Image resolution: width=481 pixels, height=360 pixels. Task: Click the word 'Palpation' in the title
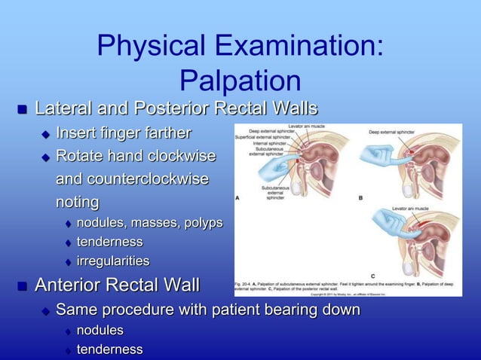240,82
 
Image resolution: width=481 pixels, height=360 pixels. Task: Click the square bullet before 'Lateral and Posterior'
23,110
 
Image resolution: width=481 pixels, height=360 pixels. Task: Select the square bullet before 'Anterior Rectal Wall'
23,286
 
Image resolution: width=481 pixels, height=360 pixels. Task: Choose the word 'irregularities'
112,261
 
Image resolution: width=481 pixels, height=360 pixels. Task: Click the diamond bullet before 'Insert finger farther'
45,135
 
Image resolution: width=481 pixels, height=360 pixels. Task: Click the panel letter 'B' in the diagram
360,197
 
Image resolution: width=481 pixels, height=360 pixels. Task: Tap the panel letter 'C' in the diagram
372,274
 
